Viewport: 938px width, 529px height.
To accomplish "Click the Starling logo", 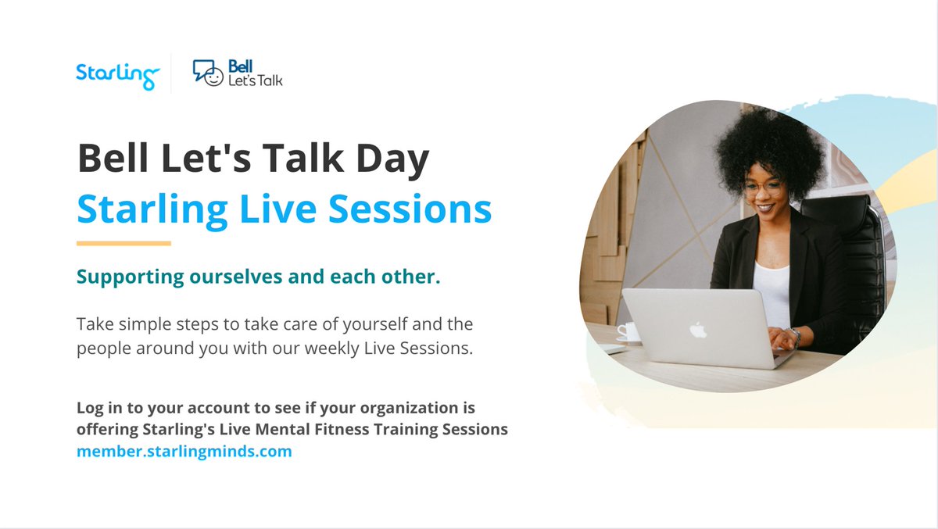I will click(117, 75).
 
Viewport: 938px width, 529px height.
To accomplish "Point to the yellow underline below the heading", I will click(124, 243).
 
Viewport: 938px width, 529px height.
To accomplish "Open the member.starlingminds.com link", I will click(184, 452).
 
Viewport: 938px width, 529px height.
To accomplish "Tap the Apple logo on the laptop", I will click(697, 329).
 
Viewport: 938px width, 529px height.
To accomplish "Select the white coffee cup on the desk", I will click(628, 332).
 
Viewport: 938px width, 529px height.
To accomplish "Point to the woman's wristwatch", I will click(796, 335).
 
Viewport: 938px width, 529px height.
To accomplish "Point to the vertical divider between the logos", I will click(171, 73).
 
